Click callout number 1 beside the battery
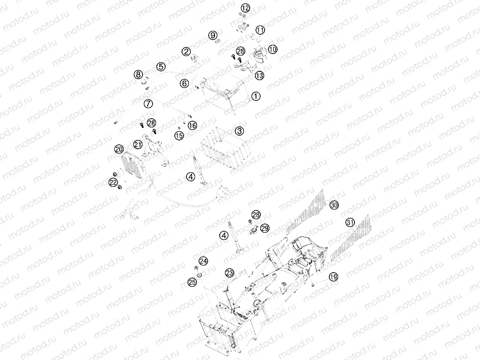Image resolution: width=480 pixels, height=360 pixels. [x=255, y=96]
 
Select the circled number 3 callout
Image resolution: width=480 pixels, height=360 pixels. [x=240, y=131]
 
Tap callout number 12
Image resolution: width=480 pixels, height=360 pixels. [x=245, y=8]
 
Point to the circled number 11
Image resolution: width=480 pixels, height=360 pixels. [x=260, y=30]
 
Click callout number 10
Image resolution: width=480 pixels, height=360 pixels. [x=272, y=49]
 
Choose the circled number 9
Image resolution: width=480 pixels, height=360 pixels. [x=213, y=35]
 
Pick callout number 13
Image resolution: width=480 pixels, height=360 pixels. [x=259, y=75]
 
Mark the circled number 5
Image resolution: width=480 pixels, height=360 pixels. [x=161, y=67]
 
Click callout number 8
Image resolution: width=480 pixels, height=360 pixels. [x=139, y=74]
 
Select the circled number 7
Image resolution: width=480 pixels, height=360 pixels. [x=148, y=104]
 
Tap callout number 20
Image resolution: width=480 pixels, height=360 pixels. [x=119, y=149]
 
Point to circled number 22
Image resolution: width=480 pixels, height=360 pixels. [x=113, y=182]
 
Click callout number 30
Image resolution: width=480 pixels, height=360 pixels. [x=334, y=205]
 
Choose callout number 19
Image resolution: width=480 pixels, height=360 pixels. [x=333, y=277]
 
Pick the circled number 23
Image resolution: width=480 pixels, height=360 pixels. [x=229, y=273]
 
